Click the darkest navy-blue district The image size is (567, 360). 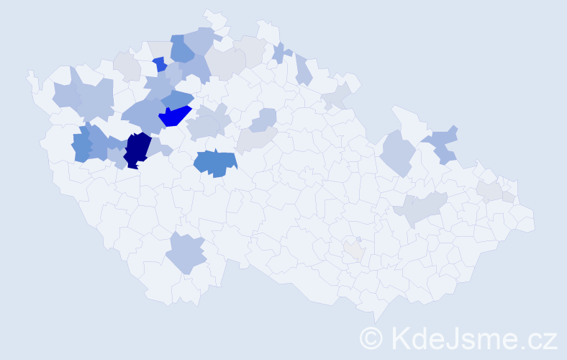[x=136, y=149]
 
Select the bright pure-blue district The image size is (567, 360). [x=174, y=116]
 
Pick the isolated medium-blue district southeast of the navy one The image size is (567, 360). [x=215, y=163]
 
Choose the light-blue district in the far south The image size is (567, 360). [x=186, y=253]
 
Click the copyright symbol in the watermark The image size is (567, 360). [x=371, y=337]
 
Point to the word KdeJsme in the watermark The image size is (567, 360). [x=446, y=337]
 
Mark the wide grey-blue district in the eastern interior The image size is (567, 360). [x=421, y=209]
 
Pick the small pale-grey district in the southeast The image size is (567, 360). [x=353, y=249]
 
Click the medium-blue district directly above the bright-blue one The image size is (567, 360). [x=177, y=99]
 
